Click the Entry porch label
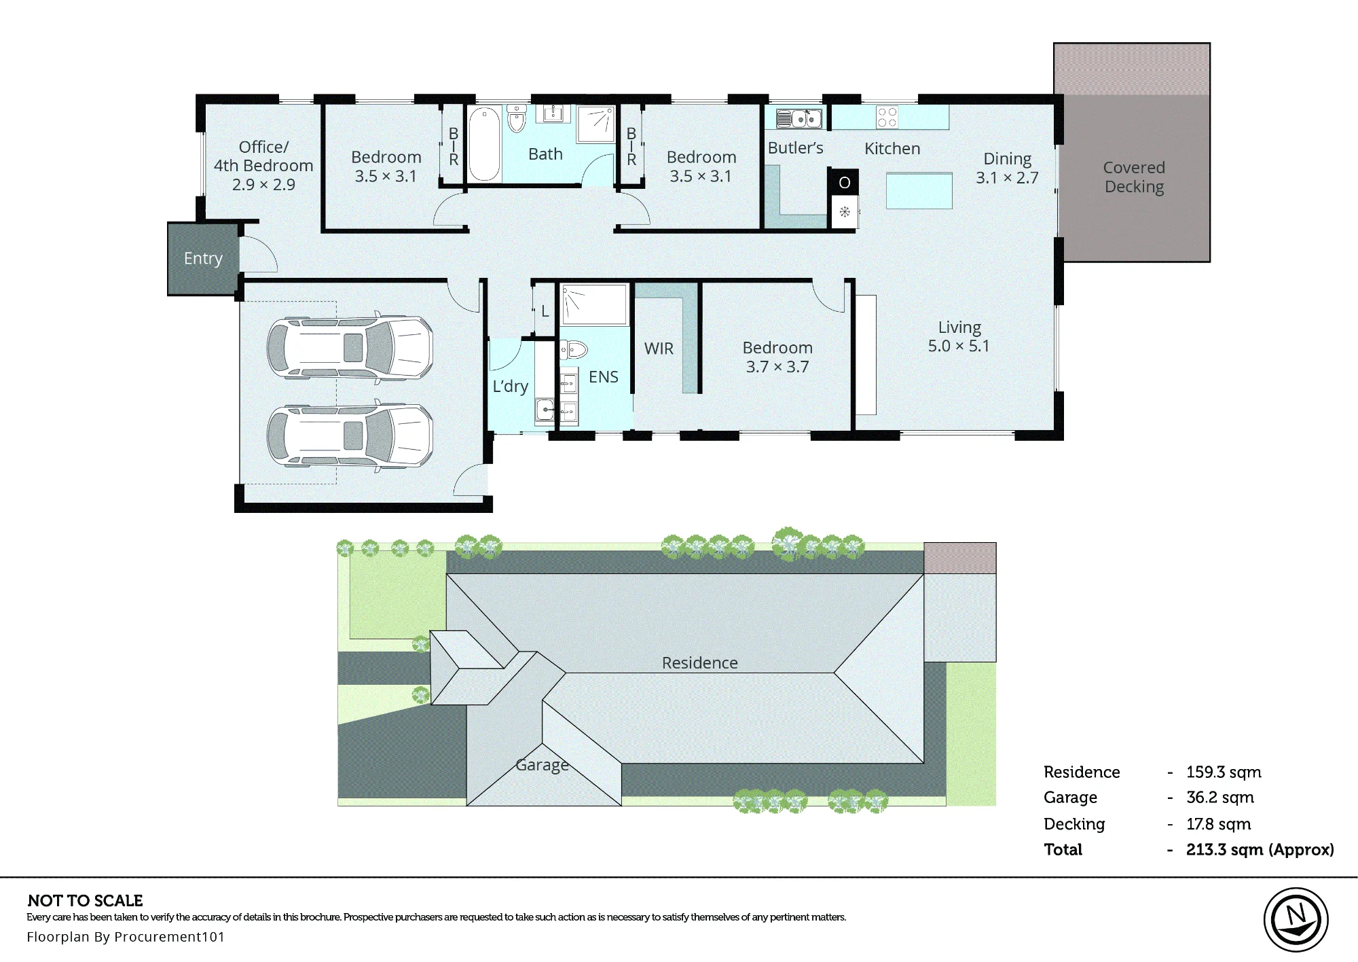pyautogui.click(x=203, y=259)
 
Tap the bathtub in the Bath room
pyautogui.click(x=484, y=143)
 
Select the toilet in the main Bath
pyautogui.click(x=517, y=118)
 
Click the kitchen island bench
pyautogui.click(x=919, y=191)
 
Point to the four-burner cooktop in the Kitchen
pyautogui.click(x=887, y=117)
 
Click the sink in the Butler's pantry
pyautogui.click(x=799, y=119)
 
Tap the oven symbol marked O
pyautogui.click(x=844, y=182)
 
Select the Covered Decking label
pyautogui.click(x=1134, y=177)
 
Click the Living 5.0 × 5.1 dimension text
pyautogui.click(x=959, y=346)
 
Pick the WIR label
pyautogui.click(x=659, y=349)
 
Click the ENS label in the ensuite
pyautogui.click(x=603, y=377)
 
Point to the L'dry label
pyautogui.click(x=510, y=387)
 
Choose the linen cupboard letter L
pyautogui.click(x=545, y=311)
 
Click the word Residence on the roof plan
pyautogui.click(x=699, y=663)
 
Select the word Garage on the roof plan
pyautogui.click(x=542, y=765)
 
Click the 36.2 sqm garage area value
pyautogui.click(x=1219, y=798)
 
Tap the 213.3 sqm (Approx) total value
pyautogui.click(x=1260, y=850)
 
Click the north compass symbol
pyautogui.click(x=1296, y=921)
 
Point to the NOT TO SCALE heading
pyautogui.click(x=86, y=901)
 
